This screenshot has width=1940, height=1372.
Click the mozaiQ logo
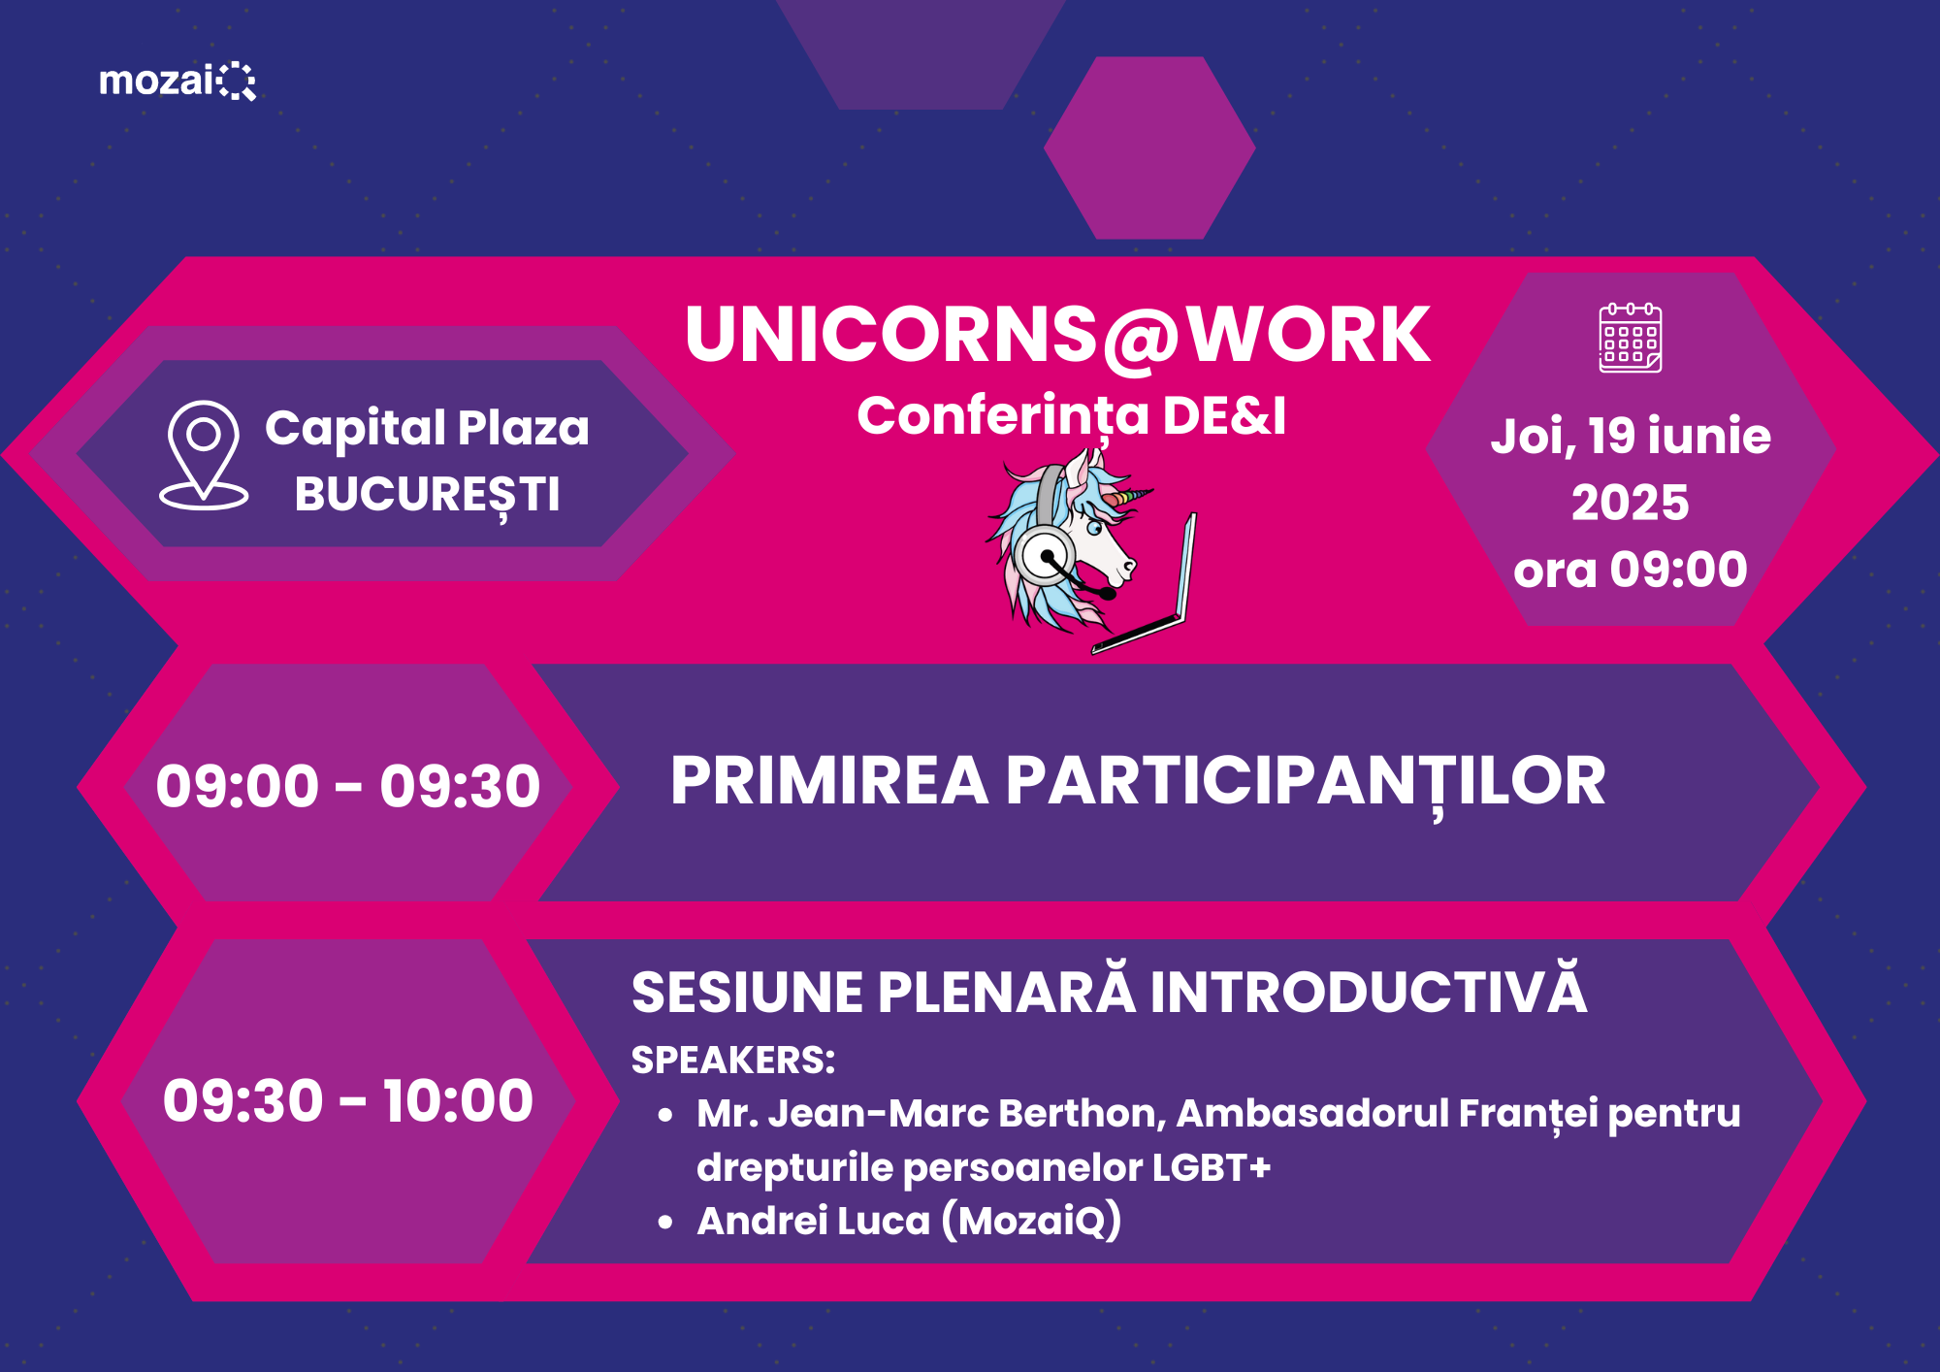click(x=178, y=81)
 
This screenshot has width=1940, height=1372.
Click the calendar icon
click(x=1631, y=338)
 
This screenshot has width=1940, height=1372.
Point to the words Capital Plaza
click(x=427, y=429)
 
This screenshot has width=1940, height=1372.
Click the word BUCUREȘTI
click(x=428, y=496)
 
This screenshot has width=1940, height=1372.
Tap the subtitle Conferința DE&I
click(x=1072, y=417)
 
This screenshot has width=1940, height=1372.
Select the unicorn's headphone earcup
click(x=1045, y=557)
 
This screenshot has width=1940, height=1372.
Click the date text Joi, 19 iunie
click(x=1631, y=437)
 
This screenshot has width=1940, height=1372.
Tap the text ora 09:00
click(x=1631, y=570)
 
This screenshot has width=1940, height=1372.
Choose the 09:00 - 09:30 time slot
click(x=348, y=786)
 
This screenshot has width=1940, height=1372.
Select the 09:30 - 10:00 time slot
click(x=348, y=1100)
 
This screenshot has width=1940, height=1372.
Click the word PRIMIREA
click(x=829, y=781)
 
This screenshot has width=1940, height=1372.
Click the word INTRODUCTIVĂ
click(x=1369, y=990)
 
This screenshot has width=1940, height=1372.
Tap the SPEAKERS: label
click(x=733, y=1061)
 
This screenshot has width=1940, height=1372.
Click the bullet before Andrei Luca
click(x=665, y=1223)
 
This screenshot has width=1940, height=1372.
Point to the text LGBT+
click(x=1212, y=1168)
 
